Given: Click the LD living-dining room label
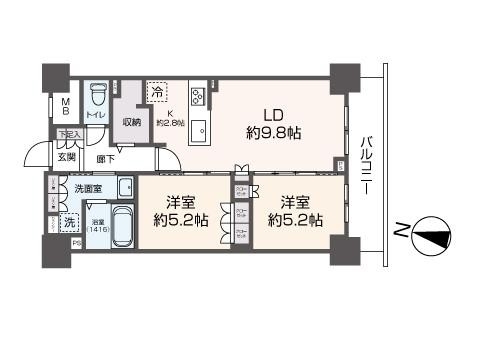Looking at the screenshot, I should pyautogui.click(x=272, y=115).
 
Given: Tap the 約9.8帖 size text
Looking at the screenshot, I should pyautogui.click(x=273, y=132).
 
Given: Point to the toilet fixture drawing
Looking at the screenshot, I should pyautogui.click(x=97, y=96).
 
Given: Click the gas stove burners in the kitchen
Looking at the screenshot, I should pyautogui.click(x=197, y=97).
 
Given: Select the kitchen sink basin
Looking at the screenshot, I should pyautogui.click(x=197, y=130).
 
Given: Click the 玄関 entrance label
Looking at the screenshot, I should pyautogui.click(x=66, y=155).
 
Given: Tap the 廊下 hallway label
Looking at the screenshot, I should pyautogui.click(x=104, y=158).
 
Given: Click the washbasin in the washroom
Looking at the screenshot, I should pyautogui.click(x=125, y=187).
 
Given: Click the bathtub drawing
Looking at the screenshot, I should pyautogui.click(x=122, y=228).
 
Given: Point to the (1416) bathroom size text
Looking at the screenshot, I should pyautogui.click(x=98, y=230).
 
